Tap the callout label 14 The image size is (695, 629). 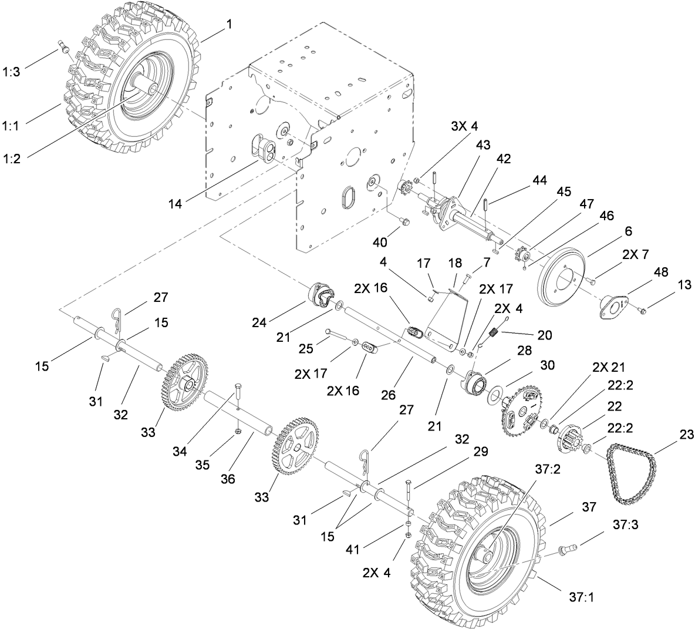176,204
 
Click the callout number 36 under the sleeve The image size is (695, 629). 227,479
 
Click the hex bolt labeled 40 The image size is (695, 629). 404,221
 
